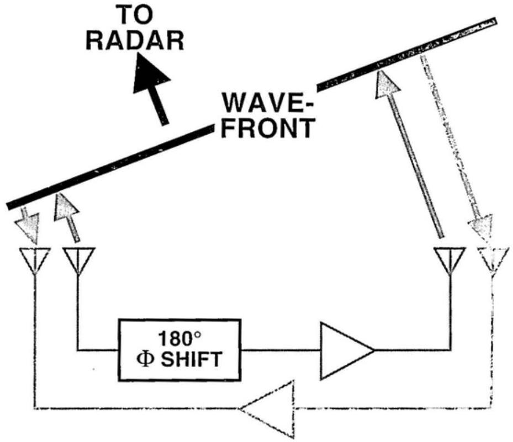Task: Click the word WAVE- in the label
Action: (268, 103)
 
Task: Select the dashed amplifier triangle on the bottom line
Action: (267, 409)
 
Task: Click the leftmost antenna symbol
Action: (35, 260)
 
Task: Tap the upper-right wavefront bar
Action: (406, 53)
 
